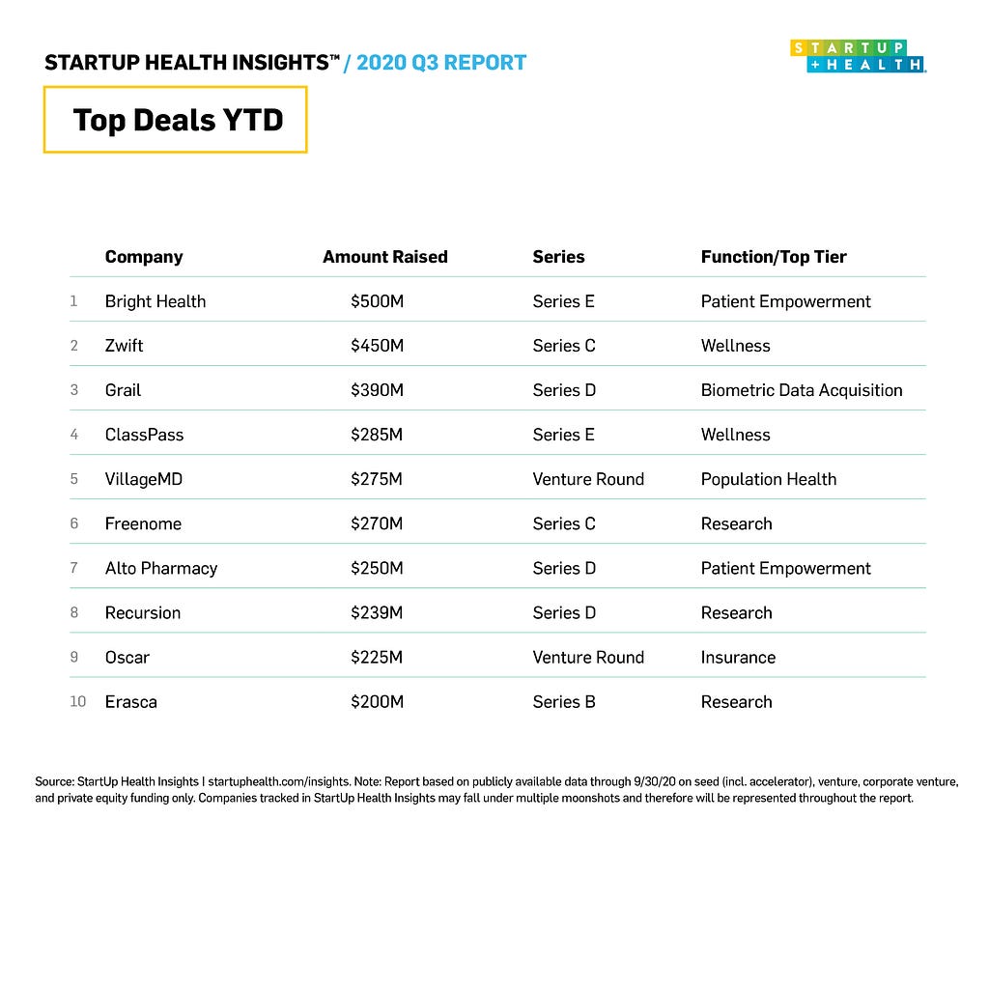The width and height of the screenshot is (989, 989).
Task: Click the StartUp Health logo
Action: coord(858,55)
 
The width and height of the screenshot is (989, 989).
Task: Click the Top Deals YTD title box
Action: coord(175,120)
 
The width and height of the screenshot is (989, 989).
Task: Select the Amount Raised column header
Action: coord(384,257)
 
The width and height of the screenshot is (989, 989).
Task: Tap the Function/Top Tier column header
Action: coord(773,257)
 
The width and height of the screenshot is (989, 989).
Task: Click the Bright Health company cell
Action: coord(155,301)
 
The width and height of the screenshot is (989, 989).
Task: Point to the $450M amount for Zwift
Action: coord(377,346)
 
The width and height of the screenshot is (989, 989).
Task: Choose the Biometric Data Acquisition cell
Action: coord(801,390)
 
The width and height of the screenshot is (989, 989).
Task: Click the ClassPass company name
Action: coord(144,435)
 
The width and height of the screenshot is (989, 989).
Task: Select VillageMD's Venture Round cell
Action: coord(587,479)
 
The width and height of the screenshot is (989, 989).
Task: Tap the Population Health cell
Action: coord(768,479)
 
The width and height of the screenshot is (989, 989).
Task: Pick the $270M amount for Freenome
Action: coord(377,523)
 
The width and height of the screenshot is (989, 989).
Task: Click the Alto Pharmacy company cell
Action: coord(160,568)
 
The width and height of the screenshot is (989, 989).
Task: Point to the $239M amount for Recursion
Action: coord(377,612)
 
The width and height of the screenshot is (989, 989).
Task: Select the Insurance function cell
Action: coord(738,657)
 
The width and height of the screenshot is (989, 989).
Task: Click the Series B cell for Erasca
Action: coord(563,701)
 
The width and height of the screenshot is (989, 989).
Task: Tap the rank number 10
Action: coord(77,701)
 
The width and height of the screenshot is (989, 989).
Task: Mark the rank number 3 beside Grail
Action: coord(73,390)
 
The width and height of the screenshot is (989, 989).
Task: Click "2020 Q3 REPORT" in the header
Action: coord(441,64)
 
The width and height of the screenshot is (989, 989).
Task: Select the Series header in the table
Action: coord(558,257)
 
